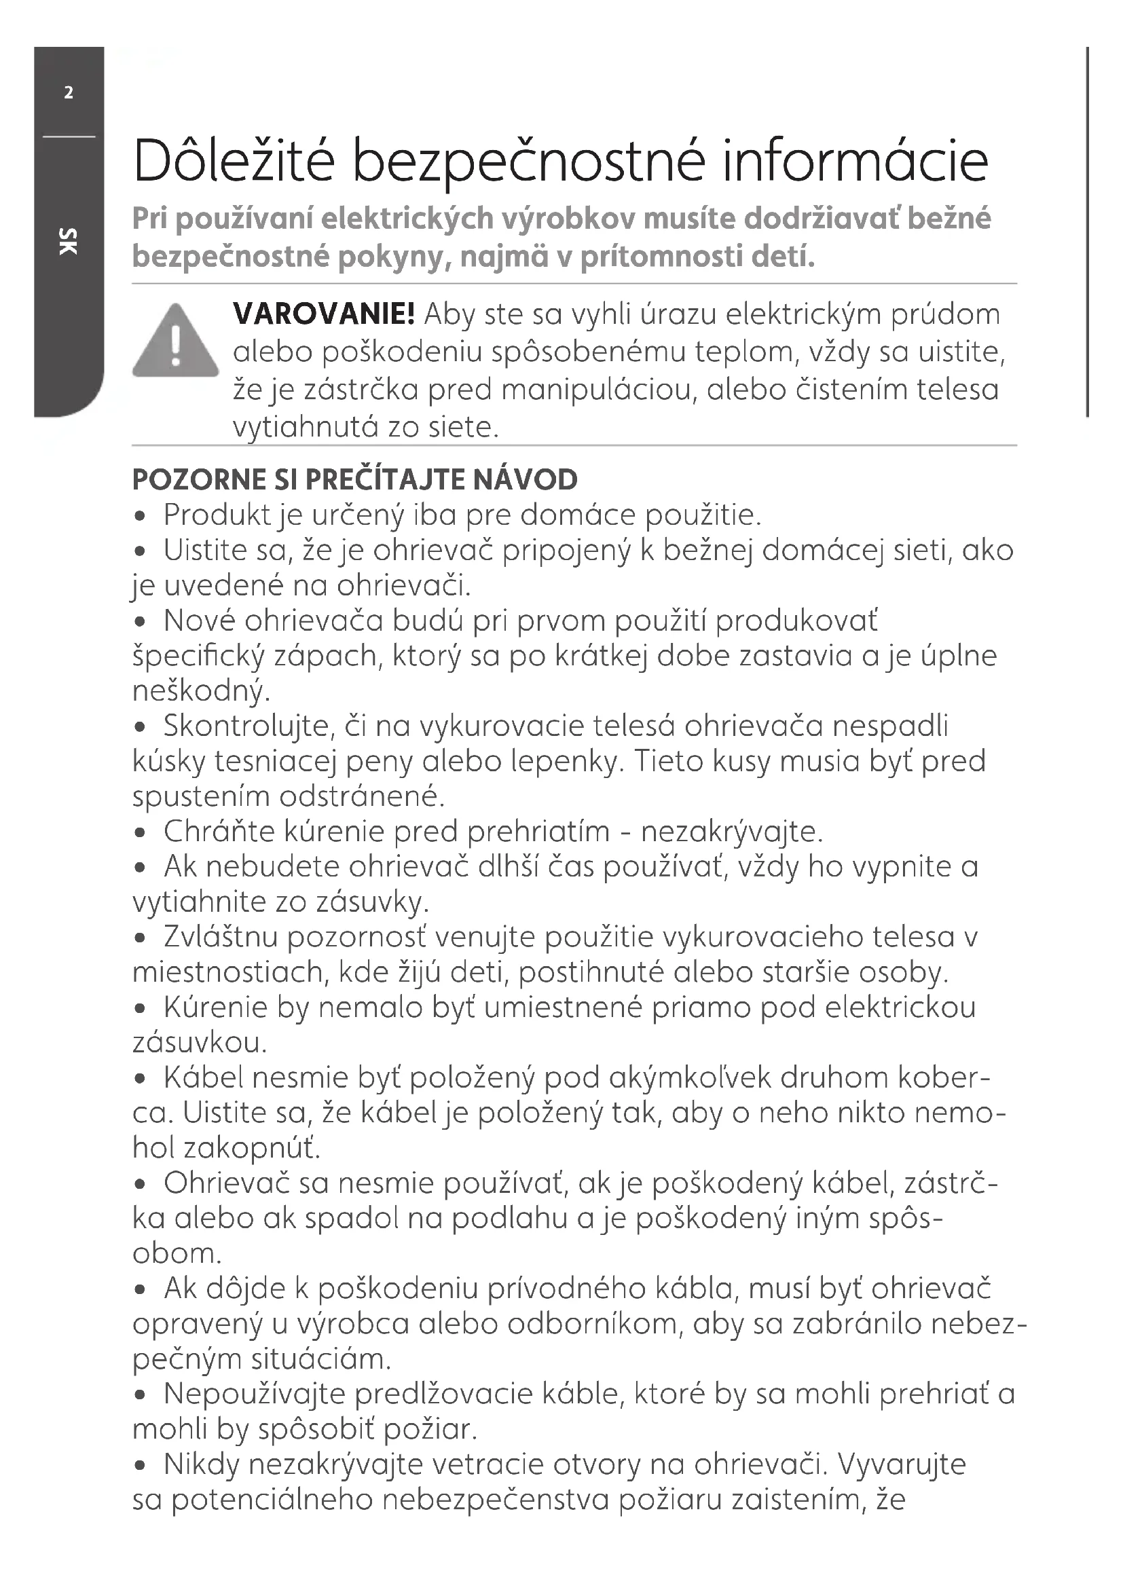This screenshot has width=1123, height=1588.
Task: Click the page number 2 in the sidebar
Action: tap(69, 93)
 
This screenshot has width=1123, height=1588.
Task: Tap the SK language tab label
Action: tap(69, 241)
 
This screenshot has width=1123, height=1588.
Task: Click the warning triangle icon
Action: tap(176, 341)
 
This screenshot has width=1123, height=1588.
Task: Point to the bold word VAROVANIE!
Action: tap(324, 315)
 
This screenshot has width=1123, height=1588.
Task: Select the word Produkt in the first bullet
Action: tap(217, 515)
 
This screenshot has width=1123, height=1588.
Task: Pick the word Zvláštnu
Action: tap(221, 937)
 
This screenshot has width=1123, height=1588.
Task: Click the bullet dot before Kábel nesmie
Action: tap(141, 1079)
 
